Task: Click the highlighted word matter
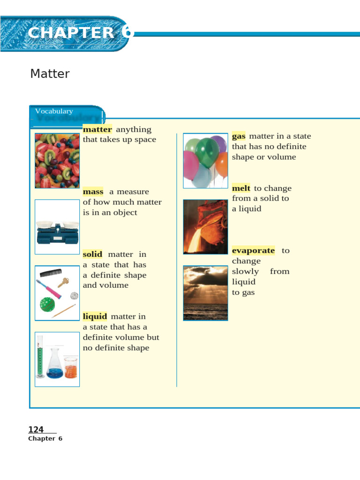tap(97, 129)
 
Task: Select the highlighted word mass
tap(93, 192)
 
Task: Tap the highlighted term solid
tap(92, 254)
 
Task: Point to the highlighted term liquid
tap(95, 316)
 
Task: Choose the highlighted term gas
tap(239, 136)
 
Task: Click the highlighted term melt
tap(241, 188)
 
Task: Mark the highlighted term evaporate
tap(253, 250)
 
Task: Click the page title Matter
tap(50, 74)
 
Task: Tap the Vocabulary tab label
tap(54, 111)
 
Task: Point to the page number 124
tap(36, 430)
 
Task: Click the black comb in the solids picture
tap(50, 272)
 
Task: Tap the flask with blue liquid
tap(54, 366)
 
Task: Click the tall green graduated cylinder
tap(40, 358)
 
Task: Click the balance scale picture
tap(57, 227)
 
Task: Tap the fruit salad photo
tap(57, 161)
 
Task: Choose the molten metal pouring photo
tap(205, 227)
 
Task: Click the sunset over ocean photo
tap(205, 293)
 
